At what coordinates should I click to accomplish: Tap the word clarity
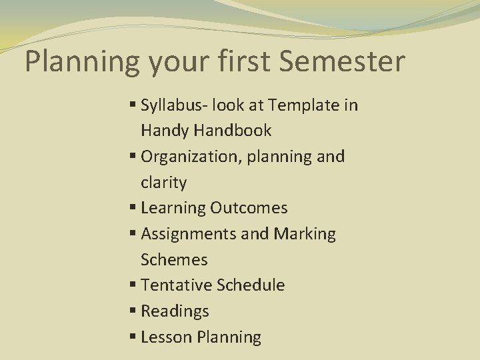point(164,182)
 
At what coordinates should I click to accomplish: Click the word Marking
point(304,234)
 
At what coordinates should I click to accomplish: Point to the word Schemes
point(174,259)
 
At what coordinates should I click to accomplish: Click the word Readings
point(175,311)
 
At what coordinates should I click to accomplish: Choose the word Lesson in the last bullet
point(167,337)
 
